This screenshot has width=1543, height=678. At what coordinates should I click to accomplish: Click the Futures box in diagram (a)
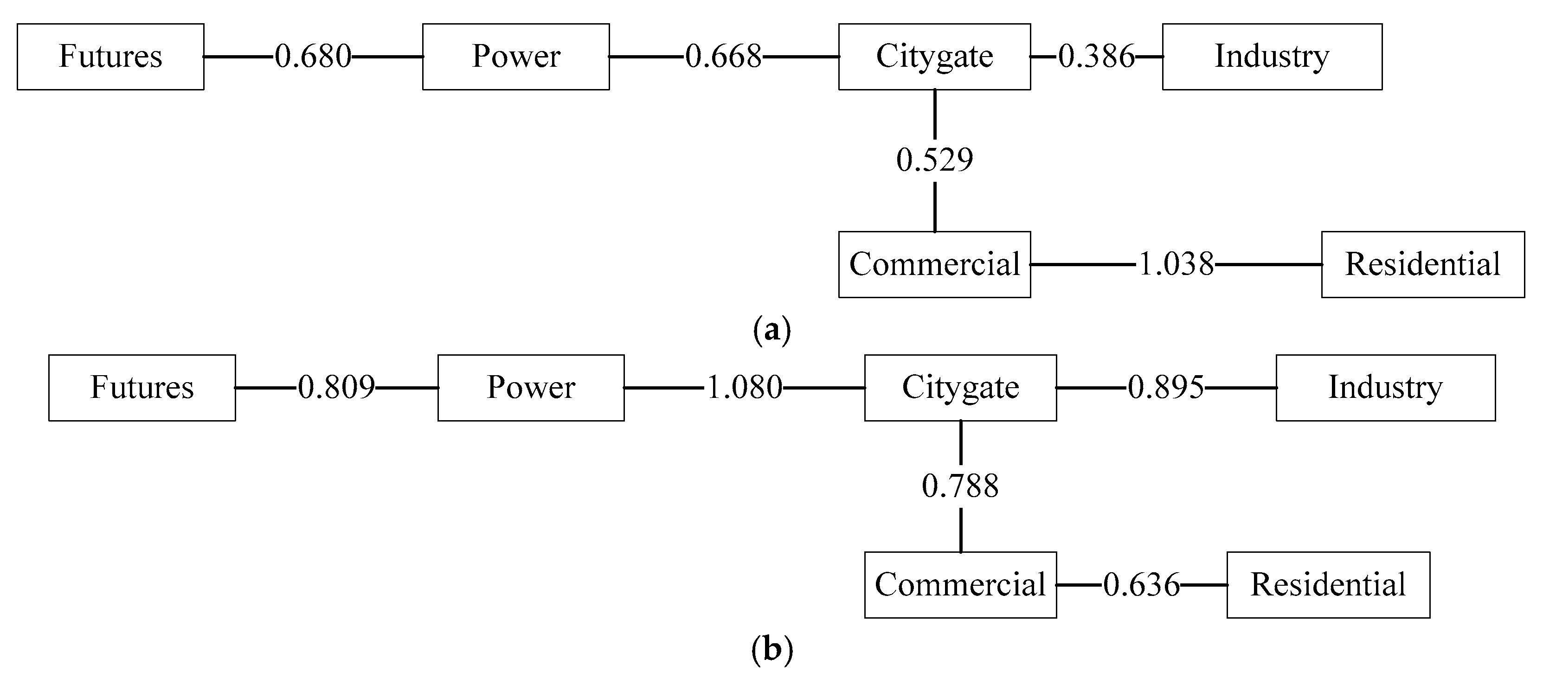[110, 57]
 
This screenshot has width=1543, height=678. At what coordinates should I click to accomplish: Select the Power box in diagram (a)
[516, 57]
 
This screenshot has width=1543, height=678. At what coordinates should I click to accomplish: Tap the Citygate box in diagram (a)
[934, 57]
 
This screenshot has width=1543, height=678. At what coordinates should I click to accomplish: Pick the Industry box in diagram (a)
[1272, 57]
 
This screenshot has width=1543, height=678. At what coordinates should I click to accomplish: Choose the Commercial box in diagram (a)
[934, 264]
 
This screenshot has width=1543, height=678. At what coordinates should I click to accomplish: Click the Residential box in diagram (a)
[1422, 264]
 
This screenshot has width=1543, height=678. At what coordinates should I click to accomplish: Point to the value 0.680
[313, 57]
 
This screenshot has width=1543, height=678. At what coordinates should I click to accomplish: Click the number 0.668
[724, 57]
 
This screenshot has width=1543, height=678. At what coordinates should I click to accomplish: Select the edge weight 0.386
[1096, 57]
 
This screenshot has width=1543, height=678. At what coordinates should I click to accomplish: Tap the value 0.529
[934, 160]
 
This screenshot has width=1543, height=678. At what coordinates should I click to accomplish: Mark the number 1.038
[1176, 264]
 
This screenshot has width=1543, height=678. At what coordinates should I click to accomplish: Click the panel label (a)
[771, 330]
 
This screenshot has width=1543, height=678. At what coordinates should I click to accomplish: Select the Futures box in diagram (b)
[142, 388]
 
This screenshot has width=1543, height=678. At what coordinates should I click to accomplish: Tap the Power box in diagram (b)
[531, 388]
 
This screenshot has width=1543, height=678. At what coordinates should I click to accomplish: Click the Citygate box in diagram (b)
[960, 388]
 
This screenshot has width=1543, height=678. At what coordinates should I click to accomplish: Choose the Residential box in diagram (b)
[1328, 585]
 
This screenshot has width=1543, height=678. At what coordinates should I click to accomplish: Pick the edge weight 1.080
[745, 388]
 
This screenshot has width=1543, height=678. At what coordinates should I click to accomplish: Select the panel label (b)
[771, 650]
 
